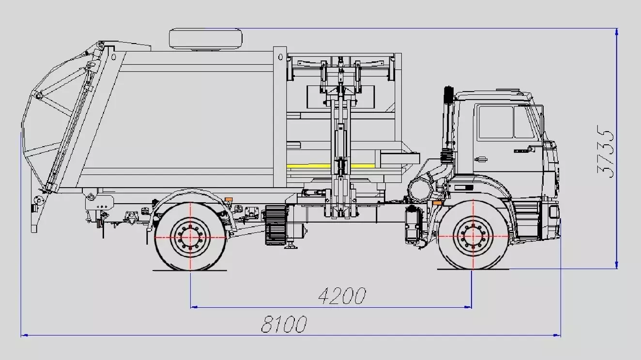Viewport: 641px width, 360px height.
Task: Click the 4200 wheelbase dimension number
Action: tap(342, 296)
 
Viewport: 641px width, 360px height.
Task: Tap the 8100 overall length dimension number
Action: tap(284, 324)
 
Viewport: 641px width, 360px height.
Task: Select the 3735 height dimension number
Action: tap(605, 151)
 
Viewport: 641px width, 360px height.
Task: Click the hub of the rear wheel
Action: tap(190, 237)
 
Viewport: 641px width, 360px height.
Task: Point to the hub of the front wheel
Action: tap(473, 237)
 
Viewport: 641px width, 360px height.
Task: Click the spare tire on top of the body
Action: tap(205, 39)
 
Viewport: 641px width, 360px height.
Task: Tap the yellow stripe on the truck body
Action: tap(331, 166)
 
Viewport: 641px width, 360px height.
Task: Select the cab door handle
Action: tap(481, 159)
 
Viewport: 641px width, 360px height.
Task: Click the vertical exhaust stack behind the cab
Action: tap(448, 126)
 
